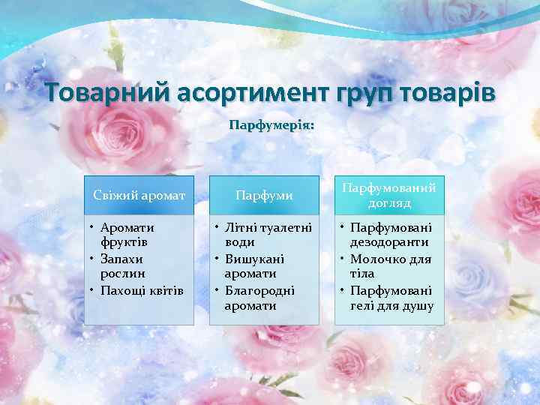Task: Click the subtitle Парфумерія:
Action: [271, 125]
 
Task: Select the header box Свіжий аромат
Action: [139, 195]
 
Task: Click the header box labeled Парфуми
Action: [264, 195]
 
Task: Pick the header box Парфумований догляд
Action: [389, 195]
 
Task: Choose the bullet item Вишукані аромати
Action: [256, 265]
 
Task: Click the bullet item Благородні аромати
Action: [258, 298]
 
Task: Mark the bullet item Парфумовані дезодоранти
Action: [390, 234]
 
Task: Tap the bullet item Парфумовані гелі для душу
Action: [390, 298]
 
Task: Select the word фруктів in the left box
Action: [125, 242]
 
